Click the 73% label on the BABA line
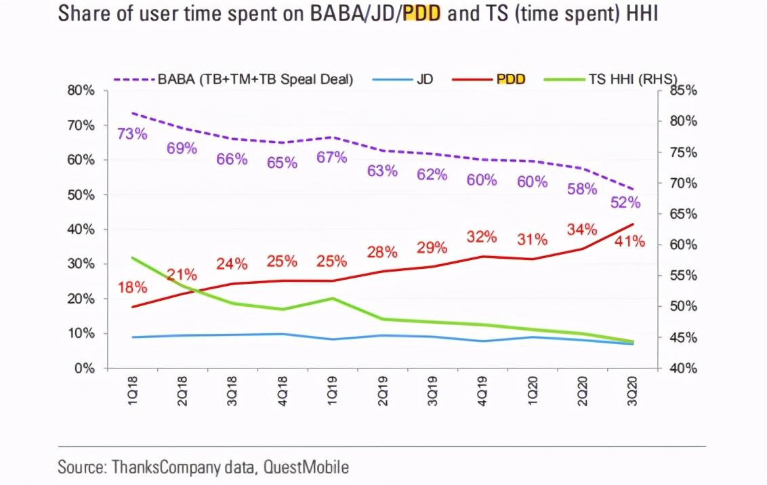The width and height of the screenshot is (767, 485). pyautogui.click(x=132, y=133)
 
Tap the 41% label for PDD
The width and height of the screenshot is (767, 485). pyautogui.click(x=630, y=241)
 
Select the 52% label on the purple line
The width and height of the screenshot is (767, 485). pyautogui.click(x=625, y=203)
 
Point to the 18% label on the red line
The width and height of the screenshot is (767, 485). pyautogui.click(x=132, y=287)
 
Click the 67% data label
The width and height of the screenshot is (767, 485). pyautogui.click(x=332, y=158)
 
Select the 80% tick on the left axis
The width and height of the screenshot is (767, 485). pyautogui.click(x=81, y=91)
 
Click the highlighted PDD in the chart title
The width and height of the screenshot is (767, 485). pyautogui.click(x=422, y=14)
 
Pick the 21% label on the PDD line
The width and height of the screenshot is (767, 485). pyautogui.click(x=182, y=275)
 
